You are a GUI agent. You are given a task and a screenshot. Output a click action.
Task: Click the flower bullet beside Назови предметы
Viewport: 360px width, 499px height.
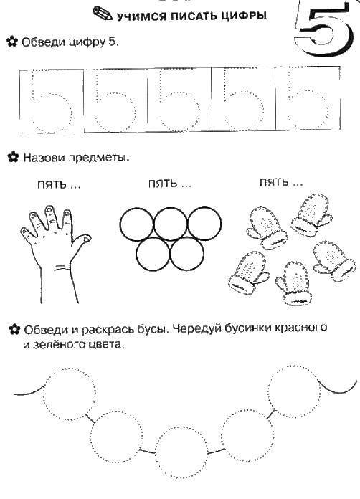click(11, 156)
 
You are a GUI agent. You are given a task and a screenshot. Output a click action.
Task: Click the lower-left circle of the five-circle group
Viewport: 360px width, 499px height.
click(153, 254)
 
